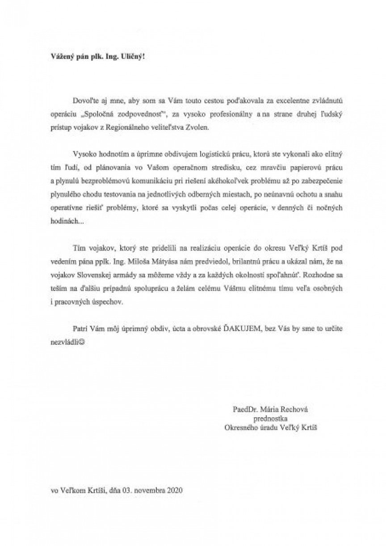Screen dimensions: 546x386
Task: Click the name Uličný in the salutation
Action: pos(133,58)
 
